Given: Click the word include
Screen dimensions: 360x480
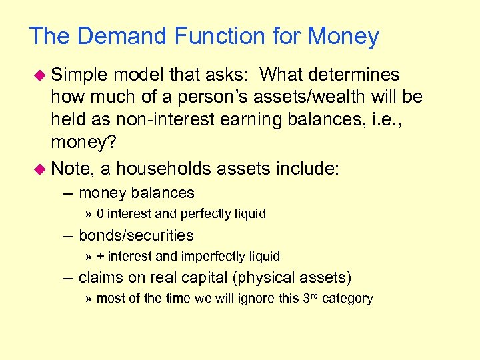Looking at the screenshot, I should pos(306,169).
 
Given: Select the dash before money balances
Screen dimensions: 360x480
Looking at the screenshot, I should pos(69,193).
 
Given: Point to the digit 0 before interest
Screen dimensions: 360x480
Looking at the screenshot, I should pos(100,214).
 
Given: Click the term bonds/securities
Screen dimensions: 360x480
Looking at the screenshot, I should pos(136,235).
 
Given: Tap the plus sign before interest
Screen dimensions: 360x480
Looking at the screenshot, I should pos(100,257).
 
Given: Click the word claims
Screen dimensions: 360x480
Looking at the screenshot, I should pos(98,277).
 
